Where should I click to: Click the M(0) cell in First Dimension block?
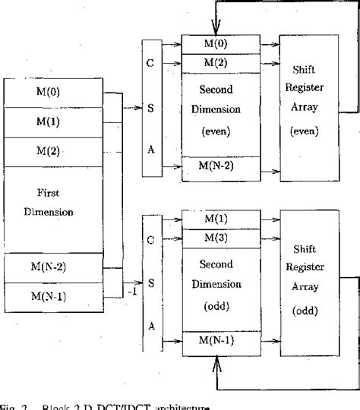(52, 93)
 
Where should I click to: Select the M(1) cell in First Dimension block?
(52, 121)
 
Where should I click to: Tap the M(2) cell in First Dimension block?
(52, 150)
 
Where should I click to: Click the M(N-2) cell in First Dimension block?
(52, 268)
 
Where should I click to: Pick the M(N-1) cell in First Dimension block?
(52, 295)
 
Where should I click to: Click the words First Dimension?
(52, 203)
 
